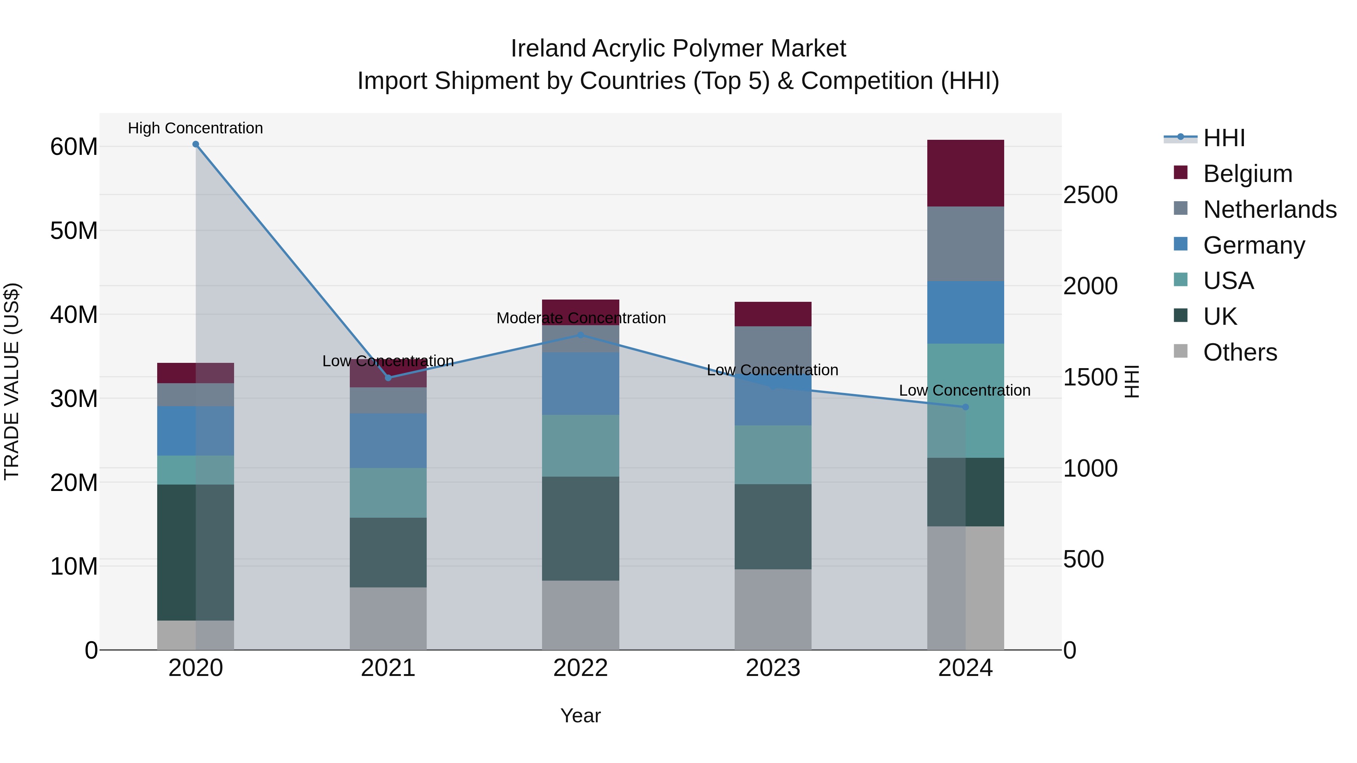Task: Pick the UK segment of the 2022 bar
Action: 580,529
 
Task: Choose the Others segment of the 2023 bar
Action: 773,609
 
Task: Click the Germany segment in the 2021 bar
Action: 388,441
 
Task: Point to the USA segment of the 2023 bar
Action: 773,455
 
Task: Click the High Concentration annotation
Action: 195,128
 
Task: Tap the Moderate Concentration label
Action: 581,318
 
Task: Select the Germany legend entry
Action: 1254,245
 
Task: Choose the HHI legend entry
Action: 1224,138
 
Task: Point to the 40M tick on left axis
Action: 74,315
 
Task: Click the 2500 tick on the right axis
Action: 1090,195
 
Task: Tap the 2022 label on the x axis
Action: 580,668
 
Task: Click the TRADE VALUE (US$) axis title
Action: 12,381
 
